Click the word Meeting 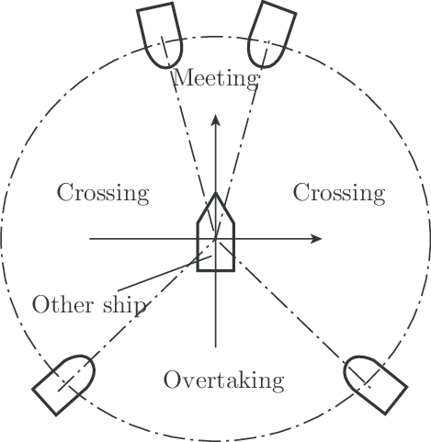(x=216, y=79)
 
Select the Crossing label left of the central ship (x=103, y=193)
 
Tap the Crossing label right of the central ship (x=339, y=193)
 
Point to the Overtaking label (x=224, y=380)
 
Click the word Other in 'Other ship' (x=62, y=305)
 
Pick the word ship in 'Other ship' (x=124, y=306)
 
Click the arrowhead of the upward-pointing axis (x=216, y=119)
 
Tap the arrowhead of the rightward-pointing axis (x=316, y=239)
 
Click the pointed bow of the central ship (x=216, y=194)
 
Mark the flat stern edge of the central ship (x=216, y=270)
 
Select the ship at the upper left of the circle (x=160, y=35)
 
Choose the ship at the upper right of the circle (x=271, y=34)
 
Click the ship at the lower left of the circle (x=63, y=385)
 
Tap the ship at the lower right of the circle (x=376, y=385)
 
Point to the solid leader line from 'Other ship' (x=164, y=274)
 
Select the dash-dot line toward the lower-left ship (x=137, y=315)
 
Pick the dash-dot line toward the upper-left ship (x=188, y=137)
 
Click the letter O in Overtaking (x=172, y=380)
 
